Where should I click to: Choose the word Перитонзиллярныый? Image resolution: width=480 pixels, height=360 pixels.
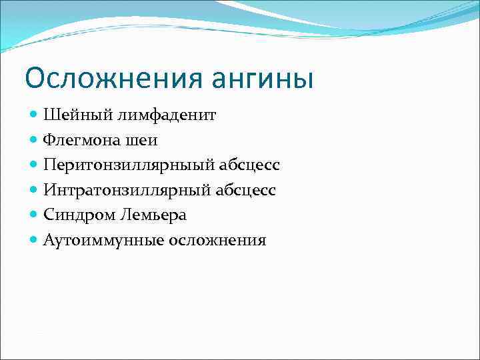(x=123, y=165)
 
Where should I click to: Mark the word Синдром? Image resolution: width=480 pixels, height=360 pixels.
(x=80, y=215)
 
